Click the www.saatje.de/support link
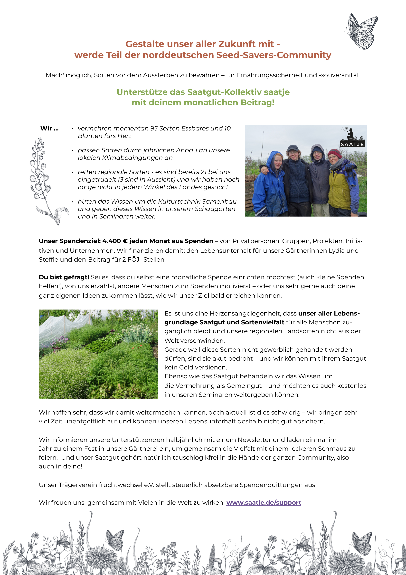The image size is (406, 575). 264,502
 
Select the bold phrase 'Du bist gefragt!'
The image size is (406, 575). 64,277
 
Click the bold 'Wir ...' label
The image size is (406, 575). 49,129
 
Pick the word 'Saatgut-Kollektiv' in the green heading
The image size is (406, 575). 224,92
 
